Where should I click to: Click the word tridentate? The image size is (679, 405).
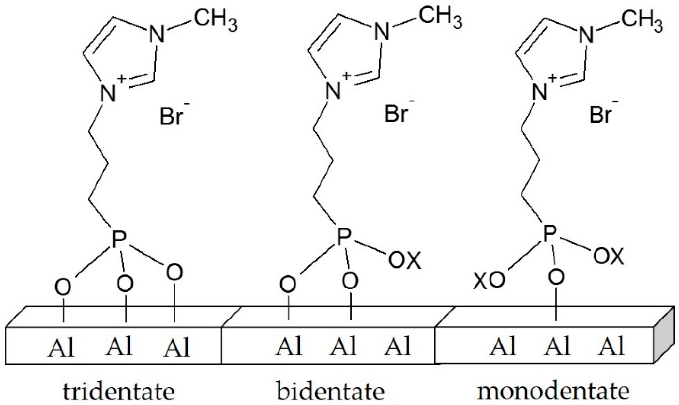coord(119,392)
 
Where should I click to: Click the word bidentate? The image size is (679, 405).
coord(330,392)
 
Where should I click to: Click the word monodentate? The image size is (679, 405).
coord(553,392)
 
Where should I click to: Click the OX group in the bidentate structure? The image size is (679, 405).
coord(404,260)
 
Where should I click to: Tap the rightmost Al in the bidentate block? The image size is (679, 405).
coord(397,347)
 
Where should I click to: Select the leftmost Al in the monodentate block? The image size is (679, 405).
coord(503,347)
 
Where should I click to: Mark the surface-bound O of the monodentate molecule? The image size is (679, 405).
coord(556,277)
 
